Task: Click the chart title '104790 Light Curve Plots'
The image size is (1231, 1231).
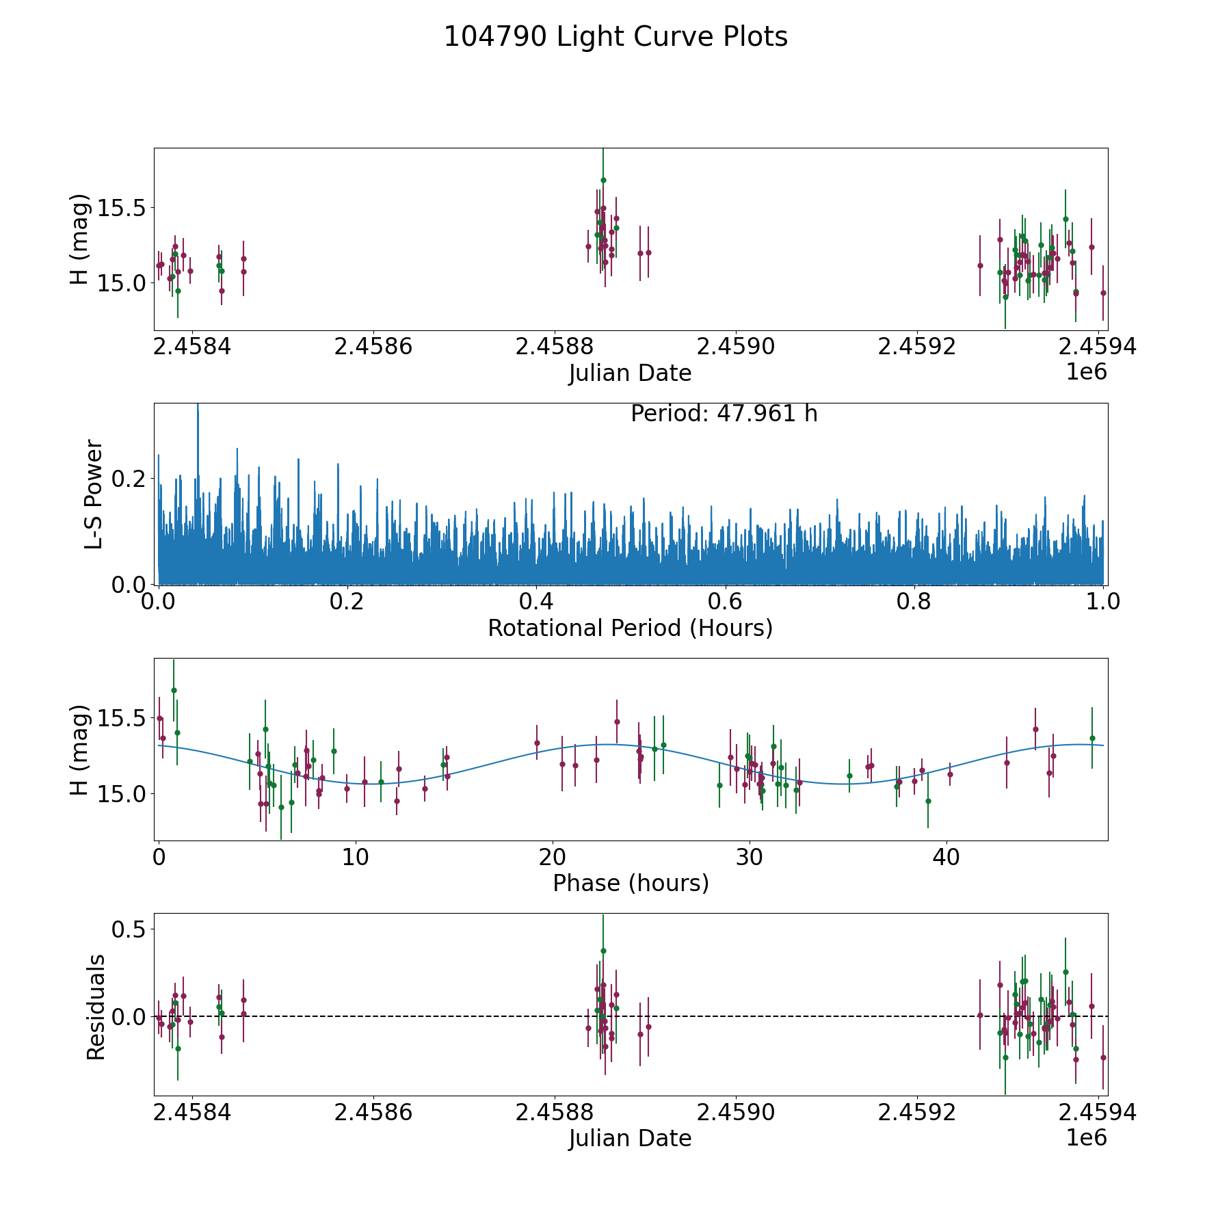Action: tap(615, 37)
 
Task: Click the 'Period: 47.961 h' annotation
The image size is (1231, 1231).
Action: tap(724, 414)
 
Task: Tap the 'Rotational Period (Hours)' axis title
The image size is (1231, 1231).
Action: tap(630, 628)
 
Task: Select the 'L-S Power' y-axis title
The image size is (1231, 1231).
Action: tap(94, 494)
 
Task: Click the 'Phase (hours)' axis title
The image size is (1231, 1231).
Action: tap(630, 883)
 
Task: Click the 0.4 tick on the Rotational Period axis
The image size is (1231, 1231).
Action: tap(536, 602)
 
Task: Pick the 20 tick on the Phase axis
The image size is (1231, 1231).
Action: tap(552, 857)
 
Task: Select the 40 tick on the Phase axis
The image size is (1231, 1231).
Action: tap(947, 857)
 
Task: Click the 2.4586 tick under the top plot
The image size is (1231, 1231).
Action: tap(373, 347)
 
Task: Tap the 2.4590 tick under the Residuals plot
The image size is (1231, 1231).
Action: tap(735, 1113)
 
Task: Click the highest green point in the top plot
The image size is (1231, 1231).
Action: tap(603, 181)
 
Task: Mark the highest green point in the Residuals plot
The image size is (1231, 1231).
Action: tap(603, 951)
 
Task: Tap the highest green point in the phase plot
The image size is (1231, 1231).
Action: tap(174, 690)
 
